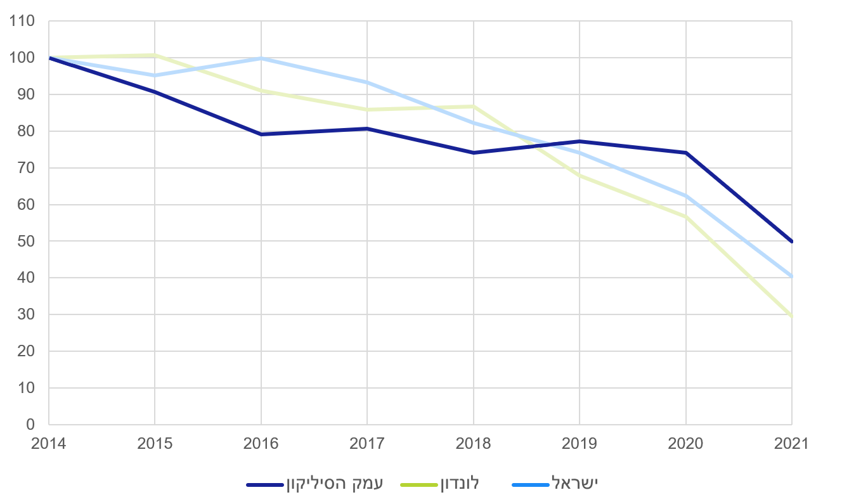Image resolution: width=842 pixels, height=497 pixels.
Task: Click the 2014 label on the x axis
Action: [48, 444]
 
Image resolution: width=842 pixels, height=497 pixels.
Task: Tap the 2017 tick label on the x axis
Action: [366, 444]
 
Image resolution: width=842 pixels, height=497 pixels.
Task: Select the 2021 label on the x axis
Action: [791, 444]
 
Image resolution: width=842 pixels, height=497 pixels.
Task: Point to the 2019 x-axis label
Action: [579, 444]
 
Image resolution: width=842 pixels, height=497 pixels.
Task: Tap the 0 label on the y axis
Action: [30, 425]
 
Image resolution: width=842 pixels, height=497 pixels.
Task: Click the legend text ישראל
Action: [575, 483]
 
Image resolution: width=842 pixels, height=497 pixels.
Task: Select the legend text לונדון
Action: [458, 483]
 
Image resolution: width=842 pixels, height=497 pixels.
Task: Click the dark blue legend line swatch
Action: [265, 485]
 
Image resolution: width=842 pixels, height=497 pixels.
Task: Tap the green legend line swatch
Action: [419, 485]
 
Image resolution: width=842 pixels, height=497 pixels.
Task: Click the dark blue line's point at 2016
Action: [261, 134]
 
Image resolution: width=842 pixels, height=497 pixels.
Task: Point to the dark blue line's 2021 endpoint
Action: [791, 242]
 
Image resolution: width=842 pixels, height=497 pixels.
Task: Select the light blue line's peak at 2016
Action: [261, 58]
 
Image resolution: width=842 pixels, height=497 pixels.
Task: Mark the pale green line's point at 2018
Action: [473, 106]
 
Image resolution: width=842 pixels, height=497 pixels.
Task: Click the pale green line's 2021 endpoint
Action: [791, 316]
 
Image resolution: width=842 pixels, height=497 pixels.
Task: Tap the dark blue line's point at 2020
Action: [685, 153]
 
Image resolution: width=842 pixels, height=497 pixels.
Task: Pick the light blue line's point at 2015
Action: [155, 75]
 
